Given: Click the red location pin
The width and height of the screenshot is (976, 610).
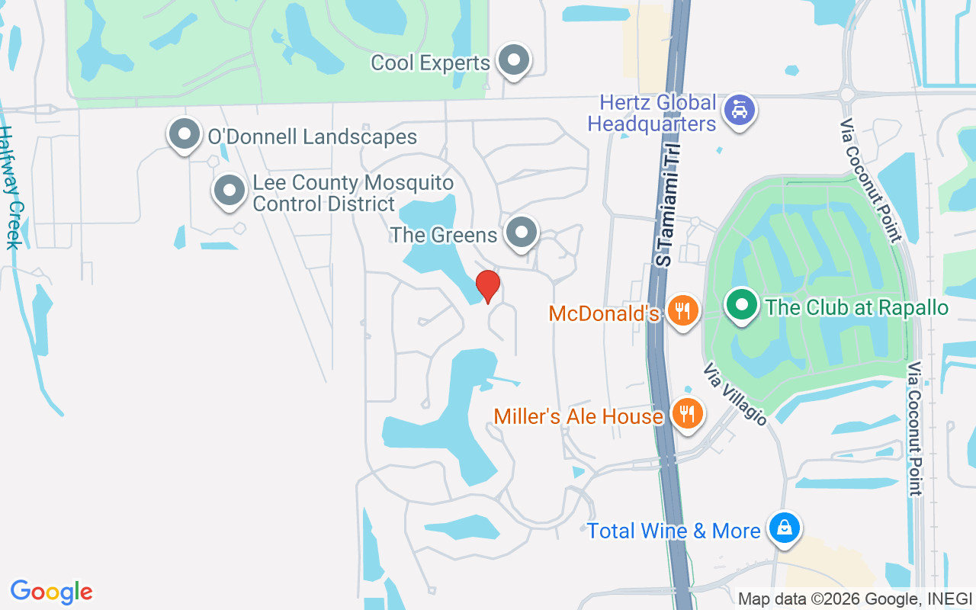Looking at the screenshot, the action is [487, 286].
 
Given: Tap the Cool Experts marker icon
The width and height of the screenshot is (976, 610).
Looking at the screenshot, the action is [514, 59].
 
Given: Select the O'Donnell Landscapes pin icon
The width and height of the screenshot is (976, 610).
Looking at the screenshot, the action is [184, 134].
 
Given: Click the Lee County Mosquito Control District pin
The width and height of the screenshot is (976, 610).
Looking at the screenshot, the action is [230, 191].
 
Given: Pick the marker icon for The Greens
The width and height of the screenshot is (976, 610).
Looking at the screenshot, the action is [522, 232].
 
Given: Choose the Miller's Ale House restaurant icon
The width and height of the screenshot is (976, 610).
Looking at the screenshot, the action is [688, 414].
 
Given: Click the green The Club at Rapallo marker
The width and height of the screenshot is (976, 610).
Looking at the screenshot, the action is [741, 305].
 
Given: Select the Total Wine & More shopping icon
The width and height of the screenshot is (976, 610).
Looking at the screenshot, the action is [783, 527].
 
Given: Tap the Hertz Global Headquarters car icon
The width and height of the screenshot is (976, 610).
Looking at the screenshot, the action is [738, 111].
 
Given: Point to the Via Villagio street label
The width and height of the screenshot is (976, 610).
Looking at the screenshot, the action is [734, 393].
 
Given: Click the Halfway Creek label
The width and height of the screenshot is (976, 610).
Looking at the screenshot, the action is [11, 188].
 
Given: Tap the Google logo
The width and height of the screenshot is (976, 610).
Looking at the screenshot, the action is [52, 592].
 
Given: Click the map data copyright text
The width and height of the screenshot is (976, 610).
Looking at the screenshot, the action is [855, 599].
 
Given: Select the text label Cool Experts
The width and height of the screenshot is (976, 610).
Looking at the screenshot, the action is [430, 63].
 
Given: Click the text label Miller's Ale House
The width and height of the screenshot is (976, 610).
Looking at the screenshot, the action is [578, 416].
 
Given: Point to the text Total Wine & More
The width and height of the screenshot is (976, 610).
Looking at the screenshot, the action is [673, 531].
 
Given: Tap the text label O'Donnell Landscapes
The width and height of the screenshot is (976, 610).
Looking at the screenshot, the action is [313, 137].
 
